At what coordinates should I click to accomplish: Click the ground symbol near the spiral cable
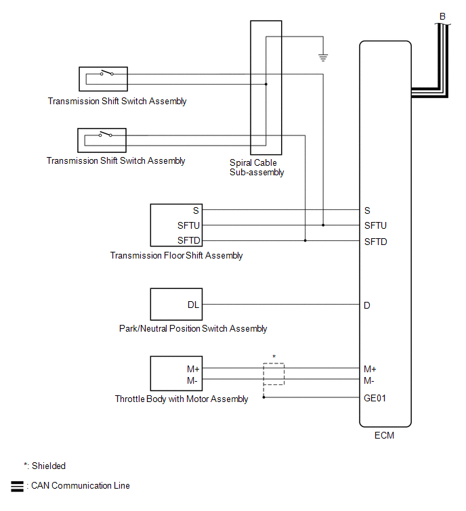tap(323, 58)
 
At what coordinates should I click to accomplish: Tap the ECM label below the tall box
tap(384, 435)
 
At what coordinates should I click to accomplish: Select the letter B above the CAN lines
tap(442, 16)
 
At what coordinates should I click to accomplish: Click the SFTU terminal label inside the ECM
tap(375, 225)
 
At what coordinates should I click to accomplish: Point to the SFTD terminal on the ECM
tap(376, 242)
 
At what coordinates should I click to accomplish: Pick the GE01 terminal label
tap(375, 398)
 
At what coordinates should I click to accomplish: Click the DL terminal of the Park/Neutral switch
tap(193, 305)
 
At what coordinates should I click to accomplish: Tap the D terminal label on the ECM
tap(367, 305)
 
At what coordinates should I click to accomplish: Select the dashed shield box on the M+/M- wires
tap(274, 374)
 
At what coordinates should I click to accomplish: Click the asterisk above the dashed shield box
tap(274, 357)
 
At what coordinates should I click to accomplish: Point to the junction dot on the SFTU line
tap(323, 225)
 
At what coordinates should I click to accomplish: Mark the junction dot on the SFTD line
tap(305, 240)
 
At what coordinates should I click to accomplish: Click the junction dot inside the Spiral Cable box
tap(266, 84)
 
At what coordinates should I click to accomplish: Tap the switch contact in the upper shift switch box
tap(106, 72)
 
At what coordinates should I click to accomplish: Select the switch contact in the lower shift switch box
tap(106, 134)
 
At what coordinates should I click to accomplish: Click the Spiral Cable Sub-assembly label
tap(257, 167)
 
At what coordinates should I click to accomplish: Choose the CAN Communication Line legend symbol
tap(17, 486)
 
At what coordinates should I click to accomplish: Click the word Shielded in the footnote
tap(49, 466)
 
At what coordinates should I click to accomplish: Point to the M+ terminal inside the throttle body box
tap(193, 369)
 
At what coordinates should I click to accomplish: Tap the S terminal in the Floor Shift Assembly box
tap(196, 210)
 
